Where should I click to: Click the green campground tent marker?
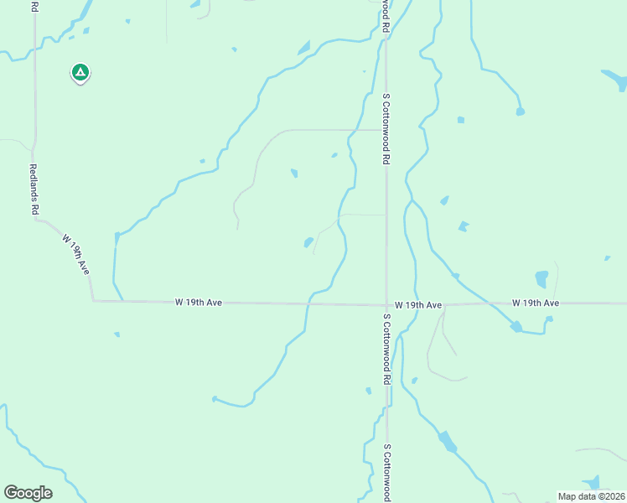coord(80,73)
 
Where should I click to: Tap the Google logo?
coord(28,493)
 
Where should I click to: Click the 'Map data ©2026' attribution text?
coord(591,496)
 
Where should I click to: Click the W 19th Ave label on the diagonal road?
coord(75,254)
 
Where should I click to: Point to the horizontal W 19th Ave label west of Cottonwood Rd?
coord(198,302)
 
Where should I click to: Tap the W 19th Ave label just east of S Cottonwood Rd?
coord(417,305)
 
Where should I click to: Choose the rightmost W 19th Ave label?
coord(535,302)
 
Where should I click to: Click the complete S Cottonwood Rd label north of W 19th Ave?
coord(386,127)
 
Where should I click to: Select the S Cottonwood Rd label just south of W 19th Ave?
coord(386,349)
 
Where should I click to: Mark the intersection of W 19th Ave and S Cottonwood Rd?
coord(386,305)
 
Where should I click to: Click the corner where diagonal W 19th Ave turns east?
coord(93,300)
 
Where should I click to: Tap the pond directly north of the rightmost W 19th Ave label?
coord(541,278)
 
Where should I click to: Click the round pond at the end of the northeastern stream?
coord(521,111)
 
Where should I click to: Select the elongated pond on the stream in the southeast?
coord(448,441)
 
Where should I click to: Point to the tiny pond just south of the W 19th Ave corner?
coord(117,334)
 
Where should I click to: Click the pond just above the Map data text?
coord(593,482)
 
